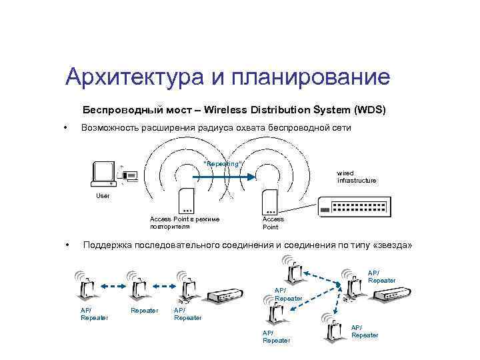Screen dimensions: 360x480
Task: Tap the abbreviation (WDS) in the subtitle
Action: click(370, 109)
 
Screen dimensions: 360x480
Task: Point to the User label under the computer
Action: click(103, 196)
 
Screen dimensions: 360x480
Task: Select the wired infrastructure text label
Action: click(356, 177)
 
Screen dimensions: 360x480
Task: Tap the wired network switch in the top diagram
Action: click(357, 207)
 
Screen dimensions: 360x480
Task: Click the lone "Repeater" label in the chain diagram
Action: click(145, 310)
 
